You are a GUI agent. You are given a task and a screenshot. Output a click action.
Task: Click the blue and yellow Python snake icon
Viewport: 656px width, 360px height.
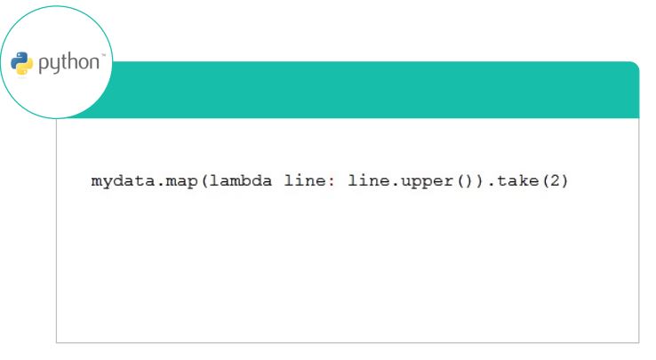(21, 63)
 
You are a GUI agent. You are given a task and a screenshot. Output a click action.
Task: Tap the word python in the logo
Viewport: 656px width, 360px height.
(69, 63)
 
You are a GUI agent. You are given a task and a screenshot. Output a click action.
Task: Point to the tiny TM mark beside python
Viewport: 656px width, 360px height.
(103, 55)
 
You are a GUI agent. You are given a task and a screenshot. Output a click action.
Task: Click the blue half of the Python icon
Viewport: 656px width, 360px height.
(20, 60)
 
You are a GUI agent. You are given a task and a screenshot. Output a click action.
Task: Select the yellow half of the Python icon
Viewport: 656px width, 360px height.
(25, 67)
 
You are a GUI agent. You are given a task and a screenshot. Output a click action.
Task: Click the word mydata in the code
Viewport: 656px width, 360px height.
(123, 181)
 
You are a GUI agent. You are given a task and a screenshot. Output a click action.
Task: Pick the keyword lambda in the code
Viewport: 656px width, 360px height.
(241, 180)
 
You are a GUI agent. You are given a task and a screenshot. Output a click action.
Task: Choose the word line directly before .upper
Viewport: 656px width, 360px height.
(369, 180)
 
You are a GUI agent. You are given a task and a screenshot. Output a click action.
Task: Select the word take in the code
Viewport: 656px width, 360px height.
(517, 180)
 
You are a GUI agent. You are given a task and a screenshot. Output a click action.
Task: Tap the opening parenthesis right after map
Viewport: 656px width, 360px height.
(204, 181)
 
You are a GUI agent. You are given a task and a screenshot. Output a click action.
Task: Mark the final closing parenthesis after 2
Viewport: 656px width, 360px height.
(564, 181)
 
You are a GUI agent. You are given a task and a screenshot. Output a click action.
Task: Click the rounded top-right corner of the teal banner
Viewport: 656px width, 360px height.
(636, 65)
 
